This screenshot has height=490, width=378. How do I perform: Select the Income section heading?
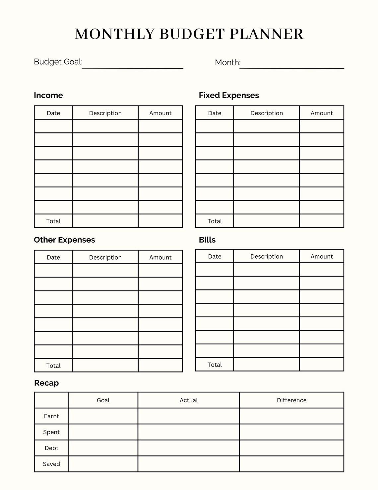(48, 95)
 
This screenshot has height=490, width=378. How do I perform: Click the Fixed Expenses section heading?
(229, 95)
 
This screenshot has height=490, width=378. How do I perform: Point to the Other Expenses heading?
(64, 240)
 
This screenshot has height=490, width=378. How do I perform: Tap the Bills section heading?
(207, 240)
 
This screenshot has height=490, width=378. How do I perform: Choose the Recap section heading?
(46, 383)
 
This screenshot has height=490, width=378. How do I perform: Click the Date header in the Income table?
(53, 113)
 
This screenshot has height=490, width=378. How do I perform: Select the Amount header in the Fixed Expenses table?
(322, 113)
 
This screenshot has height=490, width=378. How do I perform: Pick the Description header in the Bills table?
(267, 256)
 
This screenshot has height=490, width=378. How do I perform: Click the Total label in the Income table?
(53, 221)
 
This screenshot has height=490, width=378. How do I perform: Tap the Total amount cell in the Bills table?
(322, 365)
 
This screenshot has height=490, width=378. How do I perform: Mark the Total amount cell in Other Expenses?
(160, 366)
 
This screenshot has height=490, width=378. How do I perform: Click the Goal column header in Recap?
(103, 400)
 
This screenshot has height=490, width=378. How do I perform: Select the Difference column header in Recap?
(291, 400)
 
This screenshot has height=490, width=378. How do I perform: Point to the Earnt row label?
(51, 416)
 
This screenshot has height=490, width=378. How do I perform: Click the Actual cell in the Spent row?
(188, 432)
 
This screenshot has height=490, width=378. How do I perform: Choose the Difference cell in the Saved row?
(291, 464)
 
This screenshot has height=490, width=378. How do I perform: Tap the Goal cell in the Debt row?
(103, 448)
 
